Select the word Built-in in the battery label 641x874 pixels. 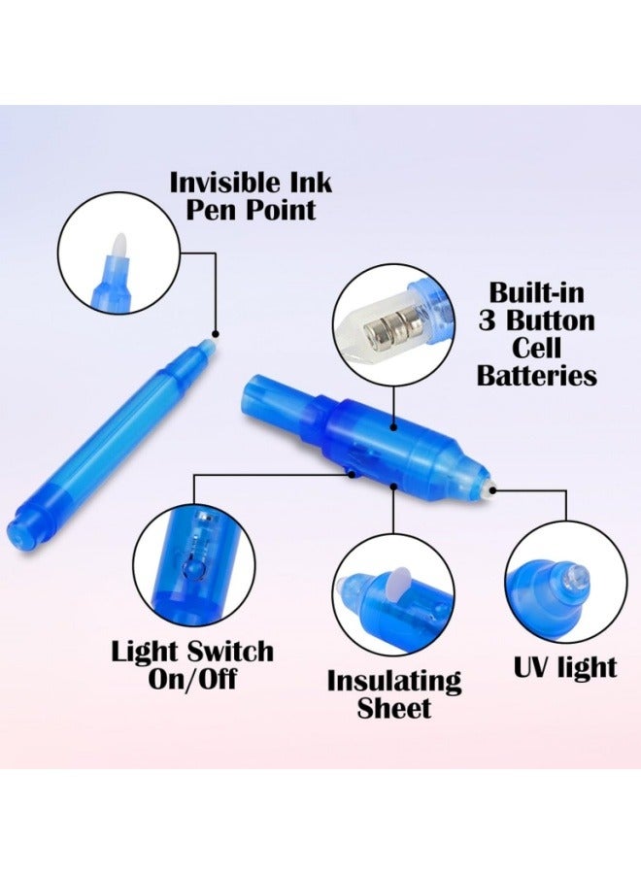tap(536, 292)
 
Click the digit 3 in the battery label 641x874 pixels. tap(488, 320)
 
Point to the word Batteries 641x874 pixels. tap(536, 376)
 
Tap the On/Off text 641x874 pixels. tap(191, 678)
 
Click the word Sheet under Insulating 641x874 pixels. tap(393, 708)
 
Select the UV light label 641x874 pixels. tap(563, 668)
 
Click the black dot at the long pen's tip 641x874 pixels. tap(216, 333)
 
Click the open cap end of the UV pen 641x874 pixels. tap(253, 392)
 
